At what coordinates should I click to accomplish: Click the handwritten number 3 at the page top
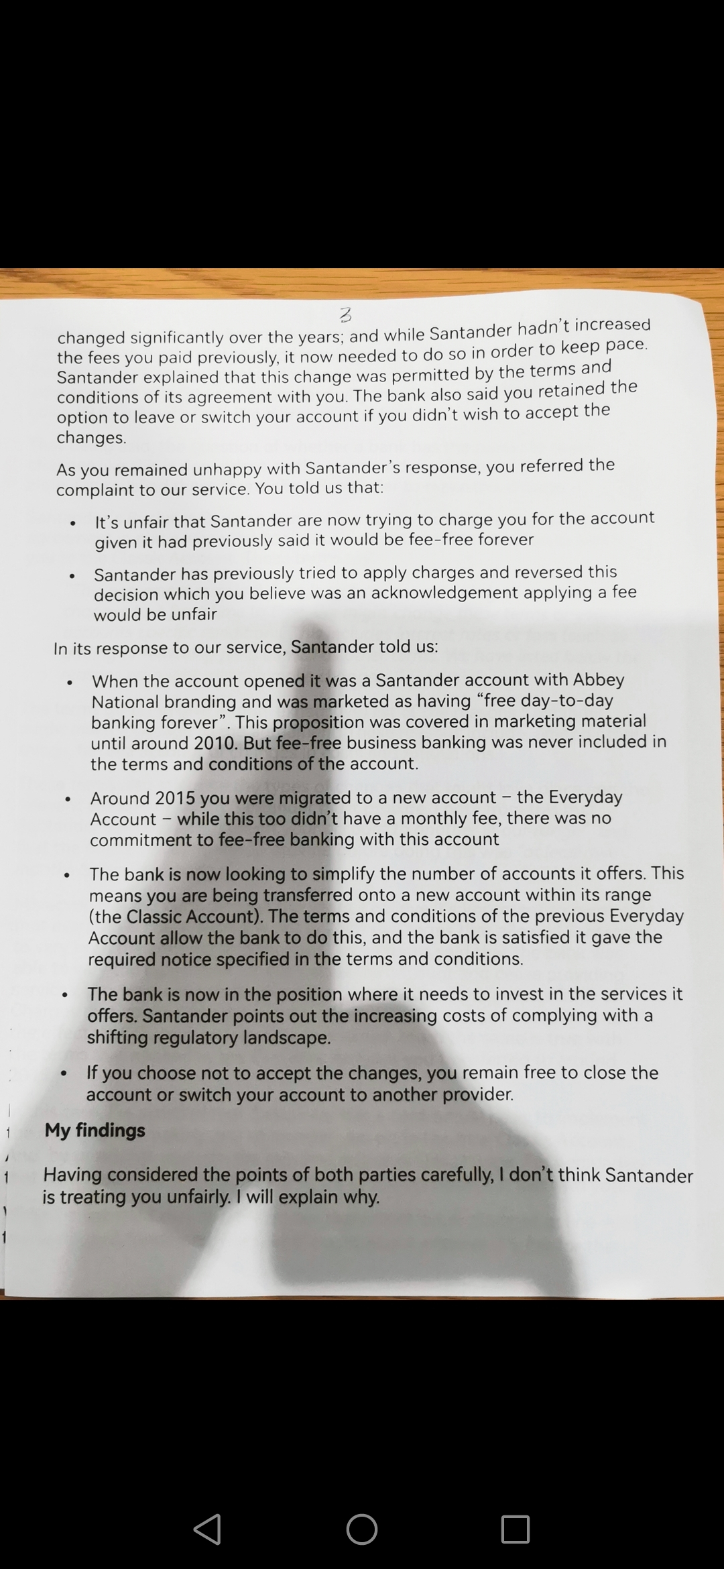(x=346, y=314)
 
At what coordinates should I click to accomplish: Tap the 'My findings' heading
(x=95, y=1130)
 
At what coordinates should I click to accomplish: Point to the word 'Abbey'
(x=599, y=680)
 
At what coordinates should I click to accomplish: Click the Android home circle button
(x=362, y=1529)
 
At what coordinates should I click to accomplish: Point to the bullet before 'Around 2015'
(x=68, y=800)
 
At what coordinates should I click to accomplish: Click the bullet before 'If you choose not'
(x=64, y=1074)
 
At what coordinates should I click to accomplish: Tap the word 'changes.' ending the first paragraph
(x=91, y=438)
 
